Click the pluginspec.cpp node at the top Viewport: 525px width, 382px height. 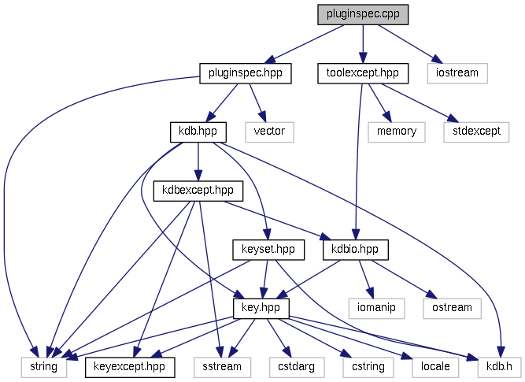(x=363, y=15)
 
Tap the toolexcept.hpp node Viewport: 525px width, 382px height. (x=363, y=73)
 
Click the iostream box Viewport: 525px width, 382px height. (x=458, y=73)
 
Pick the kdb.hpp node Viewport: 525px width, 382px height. (x=198, y=132)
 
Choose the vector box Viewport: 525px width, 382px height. (x=269, y=132)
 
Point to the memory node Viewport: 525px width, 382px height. (x=397, y=132)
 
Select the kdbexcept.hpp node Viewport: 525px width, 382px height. (x=198, y=191)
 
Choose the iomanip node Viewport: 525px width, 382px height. (x=376, y=307)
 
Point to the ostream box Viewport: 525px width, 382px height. (x=452, y=307)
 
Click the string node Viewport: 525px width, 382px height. (x=44, y=366)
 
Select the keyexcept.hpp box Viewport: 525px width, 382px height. (x=129, y=366)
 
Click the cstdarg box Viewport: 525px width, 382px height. (x=291, y=366)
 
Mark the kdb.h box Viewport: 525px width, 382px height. (x=498, y=366)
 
